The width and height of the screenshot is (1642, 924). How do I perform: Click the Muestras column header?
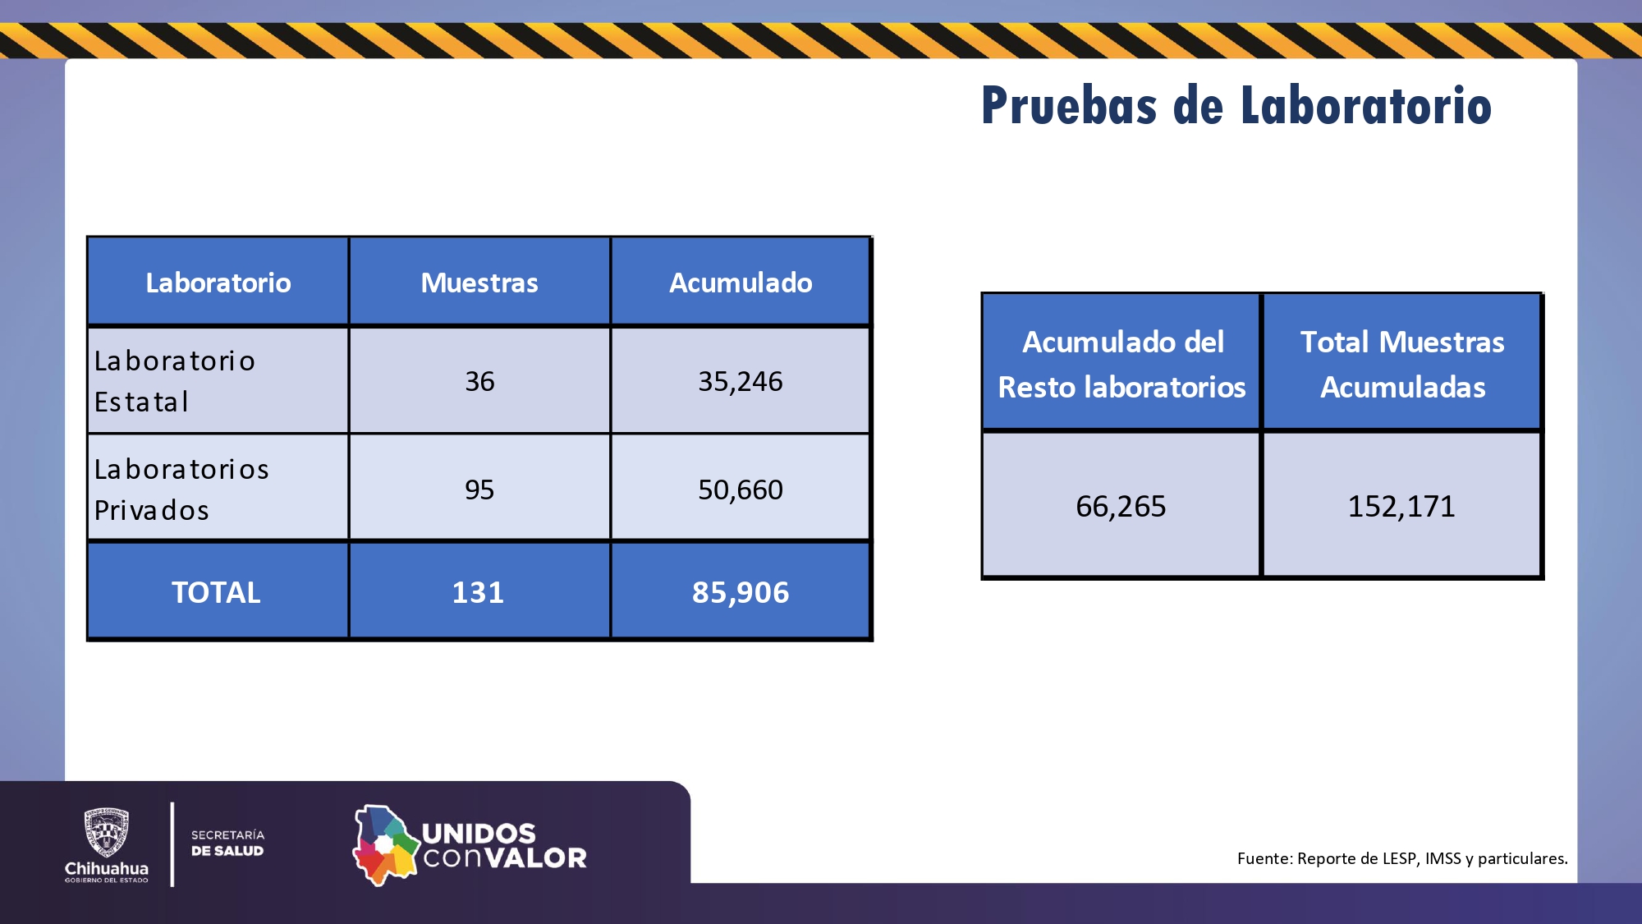[x=479, y=283]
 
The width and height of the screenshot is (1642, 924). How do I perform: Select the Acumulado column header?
[x=741, y=283]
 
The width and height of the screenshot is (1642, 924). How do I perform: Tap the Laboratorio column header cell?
[x=218, y=283]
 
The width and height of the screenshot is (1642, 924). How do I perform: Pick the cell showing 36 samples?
[x=479, y=381]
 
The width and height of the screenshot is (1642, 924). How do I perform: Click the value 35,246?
[x=741, y=381]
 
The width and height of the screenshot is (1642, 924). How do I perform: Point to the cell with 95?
[x=479, y=490]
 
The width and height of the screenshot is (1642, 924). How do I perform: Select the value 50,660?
[x=741, y=490]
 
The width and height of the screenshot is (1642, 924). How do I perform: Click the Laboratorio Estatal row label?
[x=174, y=381]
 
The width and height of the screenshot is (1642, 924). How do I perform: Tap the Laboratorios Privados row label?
[x=181, y=490]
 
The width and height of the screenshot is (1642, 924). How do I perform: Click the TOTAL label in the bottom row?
[x=216, y=592]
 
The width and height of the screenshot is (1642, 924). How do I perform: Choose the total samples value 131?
[x=478, y=592]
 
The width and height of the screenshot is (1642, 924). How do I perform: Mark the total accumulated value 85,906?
[x=741, y=592]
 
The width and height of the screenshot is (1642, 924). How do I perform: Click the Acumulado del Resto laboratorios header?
[x=1121, y=364]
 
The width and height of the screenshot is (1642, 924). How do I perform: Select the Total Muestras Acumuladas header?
[x=1402, y=364]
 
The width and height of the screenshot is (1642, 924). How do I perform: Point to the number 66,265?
[x=1121, y=506]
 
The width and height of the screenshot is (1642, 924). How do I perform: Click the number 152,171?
[x=1401, y=506]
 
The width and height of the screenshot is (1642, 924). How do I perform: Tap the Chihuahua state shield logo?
[x=107, y=832]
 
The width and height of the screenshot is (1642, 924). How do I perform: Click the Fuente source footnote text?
[x=1401, y=858]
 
